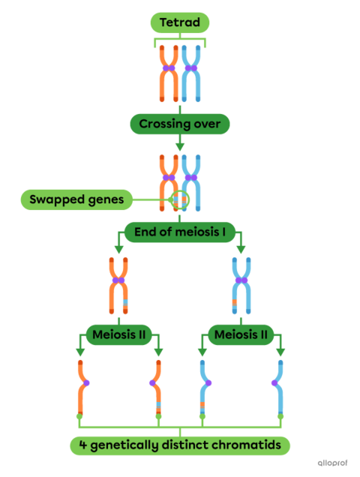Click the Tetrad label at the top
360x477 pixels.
pos(180,22)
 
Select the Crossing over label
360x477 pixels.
pos(180,124)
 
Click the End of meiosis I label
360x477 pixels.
pos(180,231)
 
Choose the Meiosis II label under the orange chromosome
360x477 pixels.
pos(118,334)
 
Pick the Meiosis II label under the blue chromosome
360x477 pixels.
pos(241,334)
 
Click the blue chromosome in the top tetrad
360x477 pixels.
pos(192,73)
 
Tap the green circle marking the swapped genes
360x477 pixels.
pos(180,200)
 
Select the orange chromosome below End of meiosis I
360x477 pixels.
pos(118,285)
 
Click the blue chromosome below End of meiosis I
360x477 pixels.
pos(241,285)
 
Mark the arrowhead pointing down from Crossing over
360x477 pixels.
pos(180,146)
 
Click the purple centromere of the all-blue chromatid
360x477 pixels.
pos(274,383)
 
